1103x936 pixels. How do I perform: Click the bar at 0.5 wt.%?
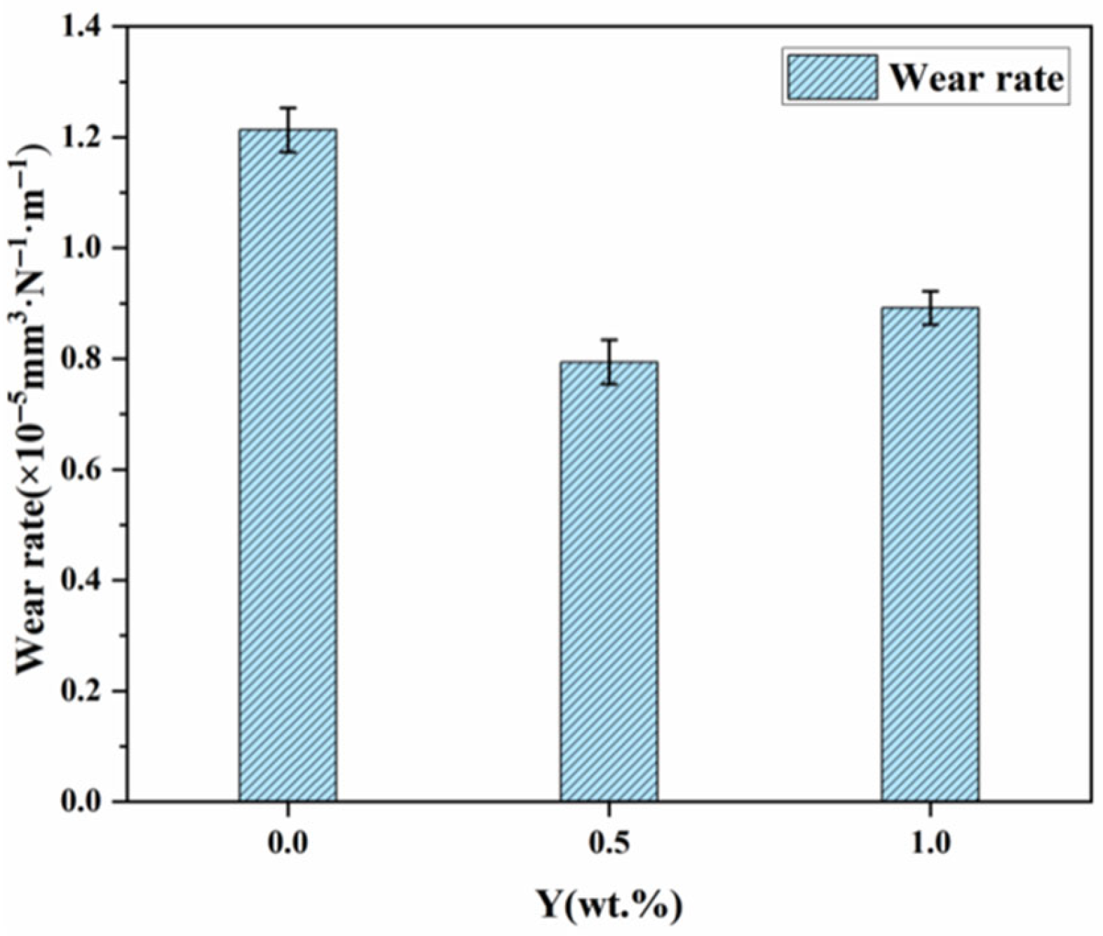[609, 581]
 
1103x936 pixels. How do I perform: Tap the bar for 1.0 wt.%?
[930, 554]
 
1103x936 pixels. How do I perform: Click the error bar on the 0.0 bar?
[287, 130]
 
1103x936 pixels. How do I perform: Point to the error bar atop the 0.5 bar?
[609, 362]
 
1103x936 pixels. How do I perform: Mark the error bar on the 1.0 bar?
[930, 307]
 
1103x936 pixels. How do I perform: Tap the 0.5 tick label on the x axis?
[609, 841]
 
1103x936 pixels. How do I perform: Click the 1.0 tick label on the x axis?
[930, 841]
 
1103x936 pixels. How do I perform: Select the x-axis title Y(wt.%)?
[609, 905]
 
